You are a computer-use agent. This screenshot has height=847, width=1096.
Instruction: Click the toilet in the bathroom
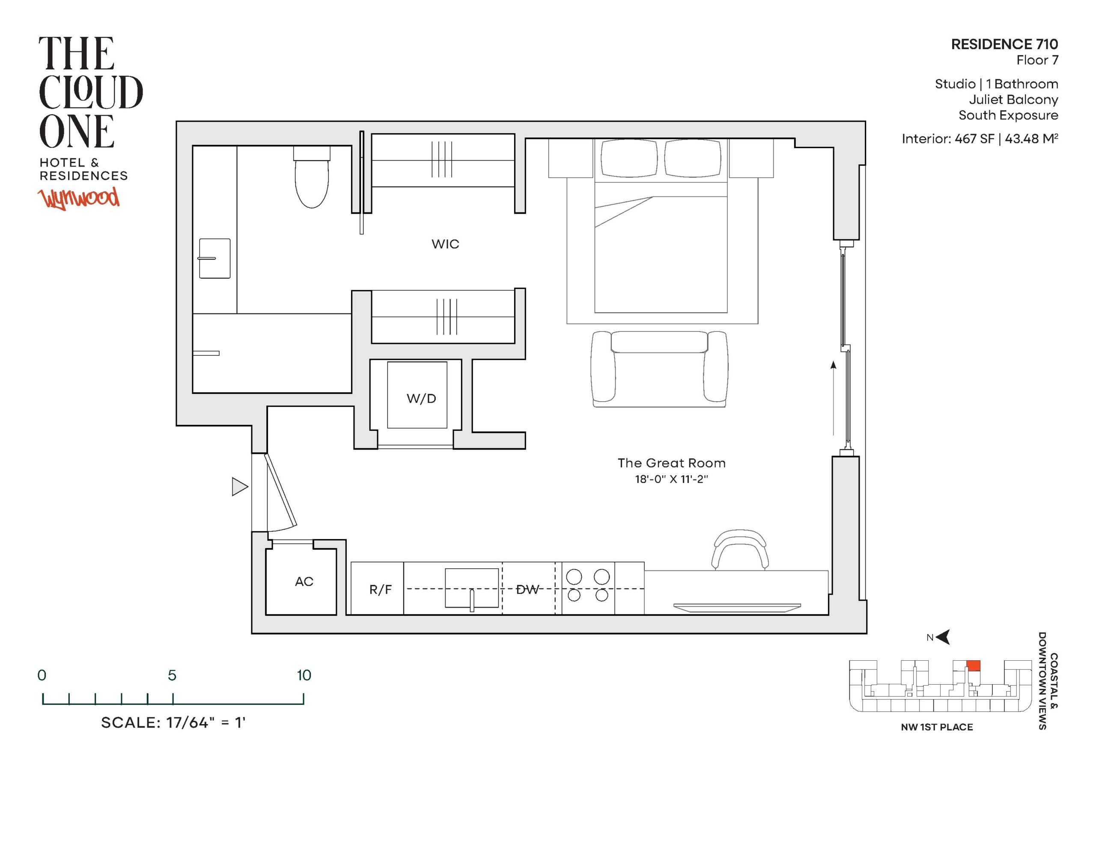tap(312, 177)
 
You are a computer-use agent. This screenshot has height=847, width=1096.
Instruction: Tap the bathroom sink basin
tap(215, 259)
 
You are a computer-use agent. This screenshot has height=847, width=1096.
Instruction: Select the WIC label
tap(445, 244)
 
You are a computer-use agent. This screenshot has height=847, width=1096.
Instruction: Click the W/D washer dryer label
tap(421, 399)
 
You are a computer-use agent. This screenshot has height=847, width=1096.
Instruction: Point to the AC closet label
tap(304, 582)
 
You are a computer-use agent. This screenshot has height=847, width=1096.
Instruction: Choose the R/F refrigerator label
tap(380, 590)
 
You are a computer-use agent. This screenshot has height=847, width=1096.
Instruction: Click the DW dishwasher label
tap(527, 590)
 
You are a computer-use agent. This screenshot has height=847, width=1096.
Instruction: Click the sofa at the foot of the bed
tap(659, 369)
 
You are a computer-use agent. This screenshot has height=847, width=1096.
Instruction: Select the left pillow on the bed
tap(629, 158)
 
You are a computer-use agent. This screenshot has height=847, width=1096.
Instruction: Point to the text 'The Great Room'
tap(671, 463)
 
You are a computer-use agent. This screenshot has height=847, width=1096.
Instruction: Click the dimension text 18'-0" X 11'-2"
tap(671, 479)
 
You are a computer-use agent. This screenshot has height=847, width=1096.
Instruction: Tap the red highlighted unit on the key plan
tap(974, 666)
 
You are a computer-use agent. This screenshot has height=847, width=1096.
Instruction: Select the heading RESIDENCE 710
tap(1005, 44)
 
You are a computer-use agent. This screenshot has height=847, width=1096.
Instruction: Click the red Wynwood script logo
tap(79, 198)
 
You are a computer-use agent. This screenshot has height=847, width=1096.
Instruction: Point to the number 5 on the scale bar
tap(172, 675)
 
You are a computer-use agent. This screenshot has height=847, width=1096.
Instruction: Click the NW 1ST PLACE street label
tap(937, 727)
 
